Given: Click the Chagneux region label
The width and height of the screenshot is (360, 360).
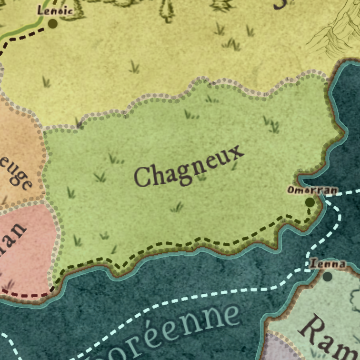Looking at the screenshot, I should click(x=189, y=166).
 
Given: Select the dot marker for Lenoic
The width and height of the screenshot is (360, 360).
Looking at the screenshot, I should click(x=52, y=23).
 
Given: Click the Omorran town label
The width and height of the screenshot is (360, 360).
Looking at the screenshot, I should click(x=312, y=190).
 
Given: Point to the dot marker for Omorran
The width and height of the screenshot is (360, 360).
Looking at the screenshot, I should click(x=310, y=202).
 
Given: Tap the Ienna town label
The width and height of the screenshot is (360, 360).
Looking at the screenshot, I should click(x=328, y=263).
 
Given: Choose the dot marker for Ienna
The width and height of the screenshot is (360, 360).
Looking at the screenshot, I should click(x=328, y=276).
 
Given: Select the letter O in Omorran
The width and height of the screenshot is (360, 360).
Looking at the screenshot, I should click(x=290, y=190).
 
